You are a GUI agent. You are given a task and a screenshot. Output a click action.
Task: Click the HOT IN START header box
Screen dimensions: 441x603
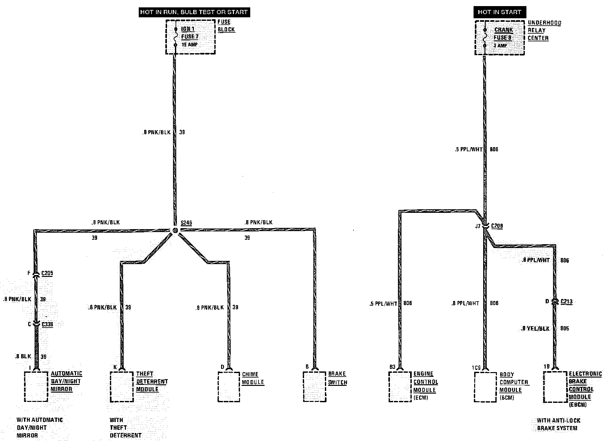coord(499,12)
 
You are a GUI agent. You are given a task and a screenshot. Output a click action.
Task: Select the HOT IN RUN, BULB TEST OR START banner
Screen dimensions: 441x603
coord(194,12)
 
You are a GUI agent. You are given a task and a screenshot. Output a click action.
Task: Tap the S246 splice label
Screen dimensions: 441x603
coord(186,223)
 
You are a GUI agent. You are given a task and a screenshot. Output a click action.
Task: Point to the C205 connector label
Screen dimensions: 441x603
coord(47,273)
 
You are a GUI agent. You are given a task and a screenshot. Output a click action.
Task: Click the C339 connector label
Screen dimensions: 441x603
coord(47,324)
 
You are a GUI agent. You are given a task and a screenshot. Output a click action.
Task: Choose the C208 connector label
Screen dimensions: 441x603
coord(497,226)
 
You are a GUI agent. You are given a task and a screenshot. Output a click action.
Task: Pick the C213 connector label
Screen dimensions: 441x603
coord(566,301)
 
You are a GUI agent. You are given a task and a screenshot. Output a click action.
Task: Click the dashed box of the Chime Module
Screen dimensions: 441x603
coord(229,387)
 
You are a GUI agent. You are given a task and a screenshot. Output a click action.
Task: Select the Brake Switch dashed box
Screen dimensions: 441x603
coord(315,387)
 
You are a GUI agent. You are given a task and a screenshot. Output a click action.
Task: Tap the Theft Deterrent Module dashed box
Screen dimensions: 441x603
coord(122,387)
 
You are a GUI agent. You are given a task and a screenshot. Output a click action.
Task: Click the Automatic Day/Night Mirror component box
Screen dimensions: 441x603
coord(36,387)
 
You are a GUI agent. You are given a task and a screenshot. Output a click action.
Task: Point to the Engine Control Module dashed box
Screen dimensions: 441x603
coord(400,387)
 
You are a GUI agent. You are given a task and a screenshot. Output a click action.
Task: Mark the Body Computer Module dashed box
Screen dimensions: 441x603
coord(485,387)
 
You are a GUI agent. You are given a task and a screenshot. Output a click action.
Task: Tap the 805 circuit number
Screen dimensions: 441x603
coord(565,329)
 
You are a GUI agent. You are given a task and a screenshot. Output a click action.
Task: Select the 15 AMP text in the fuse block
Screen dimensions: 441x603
coord(190,45)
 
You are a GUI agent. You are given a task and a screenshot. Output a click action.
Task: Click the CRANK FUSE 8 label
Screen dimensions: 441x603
coord(503,34)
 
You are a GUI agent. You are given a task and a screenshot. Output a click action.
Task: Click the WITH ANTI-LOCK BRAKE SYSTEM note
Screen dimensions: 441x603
coord(558,424)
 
